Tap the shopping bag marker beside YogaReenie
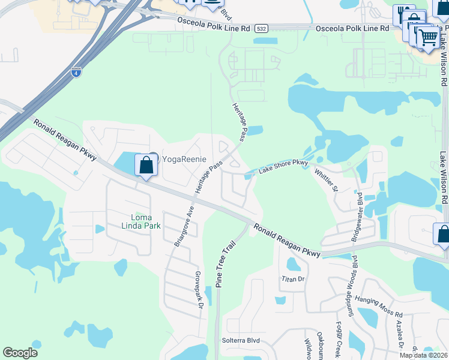146,165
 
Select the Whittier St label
327,179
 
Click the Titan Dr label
294,279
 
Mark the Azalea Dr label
399,335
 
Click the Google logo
20,353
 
